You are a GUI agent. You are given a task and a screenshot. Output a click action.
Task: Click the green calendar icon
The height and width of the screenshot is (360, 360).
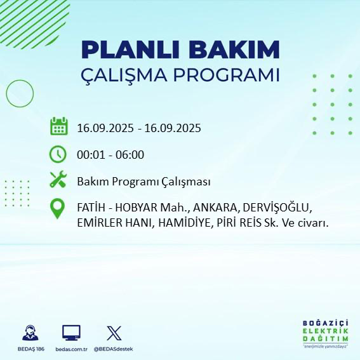pyautogui.click(x=58, y=126)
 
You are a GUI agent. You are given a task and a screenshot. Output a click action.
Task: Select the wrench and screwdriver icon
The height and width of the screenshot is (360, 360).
pyautogui.click(x=58, y=181)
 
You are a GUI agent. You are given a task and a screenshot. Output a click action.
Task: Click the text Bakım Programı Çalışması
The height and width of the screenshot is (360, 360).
pyautogui.click(x=143, y=182)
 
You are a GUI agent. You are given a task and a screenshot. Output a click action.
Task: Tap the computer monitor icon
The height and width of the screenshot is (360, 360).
pyautogui.click(x=71, y=332)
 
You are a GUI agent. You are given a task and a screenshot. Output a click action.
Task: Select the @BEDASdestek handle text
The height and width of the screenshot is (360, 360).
pyautogui.click(x=114, y=349)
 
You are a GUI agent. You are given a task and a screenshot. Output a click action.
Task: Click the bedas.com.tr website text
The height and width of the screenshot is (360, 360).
pyautogui.click(x=71, y=349)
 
